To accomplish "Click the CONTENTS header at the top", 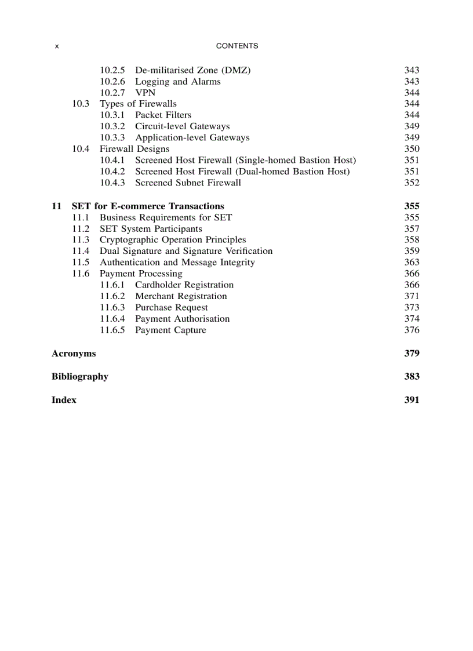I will point(237,46).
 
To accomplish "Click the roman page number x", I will point(56,46).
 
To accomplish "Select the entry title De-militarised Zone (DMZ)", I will point(192,70).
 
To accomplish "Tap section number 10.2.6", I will point(112,82).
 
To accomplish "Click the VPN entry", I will point(145,93).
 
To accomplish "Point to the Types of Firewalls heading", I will point(138,104).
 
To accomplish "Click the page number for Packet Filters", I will point(412,115).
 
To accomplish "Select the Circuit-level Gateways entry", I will point(182,126).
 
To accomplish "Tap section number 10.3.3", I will point(112,137).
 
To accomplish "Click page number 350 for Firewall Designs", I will point(412,149).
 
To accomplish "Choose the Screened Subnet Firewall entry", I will point(188,183).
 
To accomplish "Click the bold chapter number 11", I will point(56,206).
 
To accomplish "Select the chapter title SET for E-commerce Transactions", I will point(148,206).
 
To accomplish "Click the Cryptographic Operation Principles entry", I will point(173,239).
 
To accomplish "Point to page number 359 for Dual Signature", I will point(412,251).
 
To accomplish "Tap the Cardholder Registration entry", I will point(184,285).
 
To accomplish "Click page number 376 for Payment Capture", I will point(412,330).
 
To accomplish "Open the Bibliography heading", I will point(80,376).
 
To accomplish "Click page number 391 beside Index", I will point(412,399).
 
